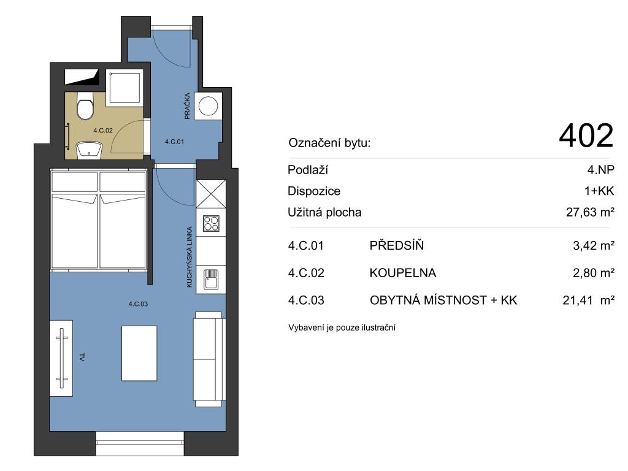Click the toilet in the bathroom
85,105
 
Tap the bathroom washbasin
90,150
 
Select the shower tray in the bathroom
124,88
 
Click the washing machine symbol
209,106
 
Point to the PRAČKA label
187,106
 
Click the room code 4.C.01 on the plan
174,142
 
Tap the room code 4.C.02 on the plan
103,131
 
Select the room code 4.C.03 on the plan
138,304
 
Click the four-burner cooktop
211,224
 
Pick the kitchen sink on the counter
211,279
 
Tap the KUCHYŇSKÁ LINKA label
190,257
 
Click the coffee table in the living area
139,353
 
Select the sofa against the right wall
208,359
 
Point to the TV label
82,358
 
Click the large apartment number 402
586,136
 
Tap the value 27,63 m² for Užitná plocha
590,212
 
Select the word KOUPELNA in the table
402,273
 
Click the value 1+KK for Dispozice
599,191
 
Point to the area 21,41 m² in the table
588,300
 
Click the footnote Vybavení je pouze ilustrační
342,327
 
